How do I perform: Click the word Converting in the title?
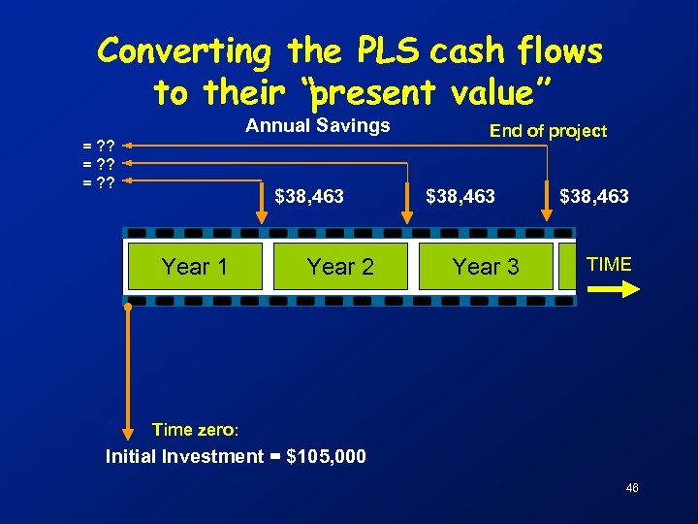[185, 50]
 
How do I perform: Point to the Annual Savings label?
[318, 125]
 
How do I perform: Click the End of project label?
[548, 131]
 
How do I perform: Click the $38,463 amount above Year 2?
[309, 197]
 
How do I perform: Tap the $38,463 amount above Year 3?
[460, 197]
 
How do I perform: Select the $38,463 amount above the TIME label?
[594, 197]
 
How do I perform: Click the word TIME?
[610, 264]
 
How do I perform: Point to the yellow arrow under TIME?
[615, 288]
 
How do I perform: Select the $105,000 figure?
[327, 456]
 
